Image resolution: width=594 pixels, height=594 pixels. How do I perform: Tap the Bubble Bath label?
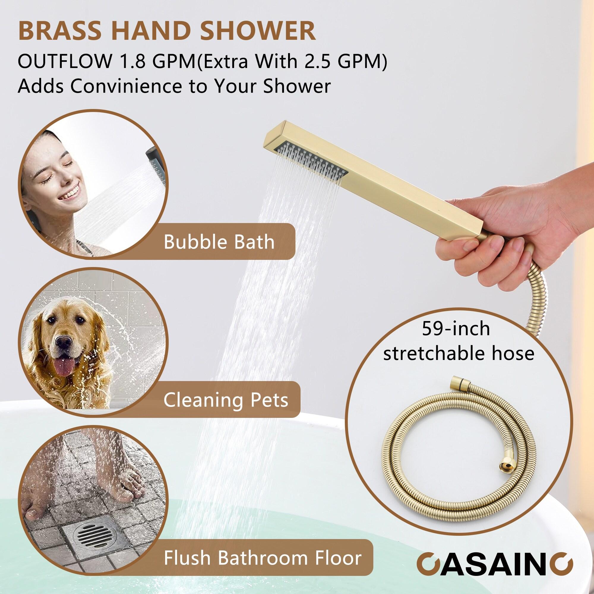click(x=219, y=242)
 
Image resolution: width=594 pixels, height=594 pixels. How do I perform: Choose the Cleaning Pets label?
click(x=226, y=400)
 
